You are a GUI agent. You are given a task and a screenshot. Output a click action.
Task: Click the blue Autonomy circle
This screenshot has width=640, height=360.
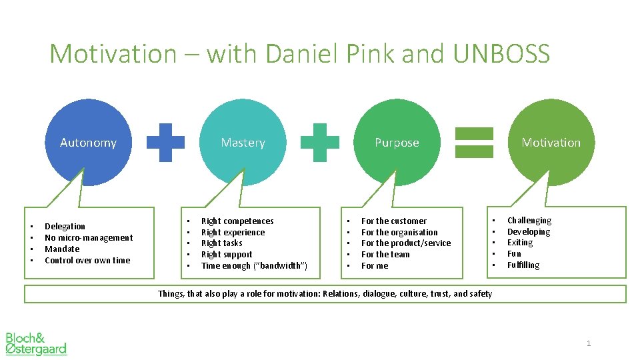pyautogui.click(x=88, y=142)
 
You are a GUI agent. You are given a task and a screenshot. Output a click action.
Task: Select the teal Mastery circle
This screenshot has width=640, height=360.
pyautogui.click(x=243, y=142)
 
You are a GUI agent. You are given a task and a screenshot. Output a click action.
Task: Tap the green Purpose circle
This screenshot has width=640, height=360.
pyautogui.click(x=397, y=142)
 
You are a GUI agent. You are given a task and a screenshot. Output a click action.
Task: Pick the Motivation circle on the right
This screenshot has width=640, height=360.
pyautogui.click(x=551, y=142)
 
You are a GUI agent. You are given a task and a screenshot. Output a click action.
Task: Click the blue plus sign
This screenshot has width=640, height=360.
pyautogui.click(x=165, y=143)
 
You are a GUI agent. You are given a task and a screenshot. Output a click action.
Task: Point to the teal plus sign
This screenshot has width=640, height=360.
pyautogui.click(x=320, y=143)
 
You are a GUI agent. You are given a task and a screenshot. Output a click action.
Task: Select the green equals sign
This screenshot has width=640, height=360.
pyautogui.click(x=474, y=143)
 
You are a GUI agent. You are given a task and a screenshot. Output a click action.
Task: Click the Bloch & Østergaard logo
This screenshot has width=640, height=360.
pyautogui.click(x=36, y=343)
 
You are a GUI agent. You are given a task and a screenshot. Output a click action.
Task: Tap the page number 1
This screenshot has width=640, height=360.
pyautogui.click(x=589, y=343)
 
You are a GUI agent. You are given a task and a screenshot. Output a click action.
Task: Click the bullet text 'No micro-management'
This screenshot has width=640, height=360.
pyautogui.click(x=89, y=238)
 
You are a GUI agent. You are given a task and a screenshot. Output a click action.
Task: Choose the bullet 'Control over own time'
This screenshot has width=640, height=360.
pyautogui.click(x=87, y=261)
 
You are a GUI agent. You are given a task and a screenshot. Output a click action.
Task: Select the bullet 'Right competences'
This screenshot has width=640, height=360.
pyautogui.click(x=237, y=221)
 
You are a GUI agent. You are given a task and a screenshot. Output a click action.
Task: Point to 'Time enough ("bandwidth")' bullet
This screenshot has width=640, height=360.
pyautogui.click(x=254, y=266)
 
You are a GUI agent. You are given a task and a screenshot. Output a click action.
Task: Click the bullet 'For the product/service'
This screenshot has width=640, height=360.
pyautogui.click(x=406, y=243)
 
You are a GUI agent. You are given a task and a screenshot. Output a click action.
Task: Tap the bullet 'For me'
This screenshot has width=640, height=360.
pyautogui.click(x=375, y=266)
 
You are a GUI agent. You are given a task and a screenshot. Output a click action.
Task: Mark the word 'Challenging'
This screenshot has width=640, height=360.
pyautogui.click(x=529, y=221)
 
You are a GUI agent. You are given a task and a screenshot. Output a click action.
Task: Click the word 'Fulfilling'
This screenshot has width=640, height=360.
pyautogui.click(x=523, y=265)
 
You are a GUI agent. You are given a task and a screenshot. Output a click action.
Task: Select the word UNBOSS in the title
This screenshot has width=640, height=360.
pyautogui.click(x=501, y=53)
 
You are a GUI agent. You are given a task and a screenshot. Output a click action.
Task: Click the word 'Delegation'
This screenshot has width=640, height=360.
pyautogui.click(x=65, y=227)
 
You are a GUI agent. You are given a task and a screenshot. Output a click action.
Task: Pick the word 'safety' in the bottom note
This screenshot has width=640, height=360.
pyautogui.click(x=480, y=294)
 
